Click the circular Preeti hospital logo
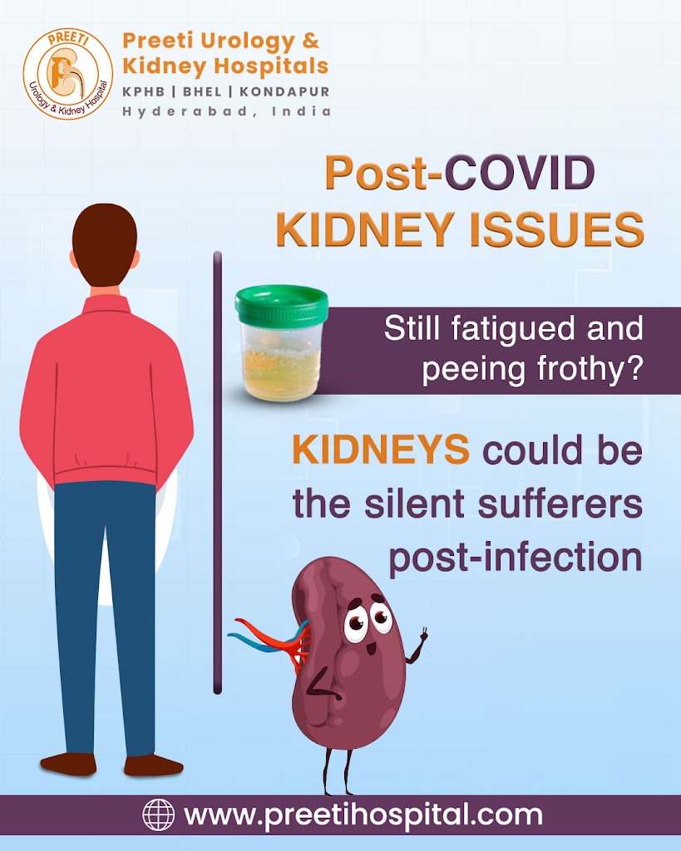[68, 74]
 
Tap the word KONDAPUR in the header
[284, 91]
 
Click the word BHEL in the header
[202, 91]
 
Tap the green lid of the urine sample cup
[281, 304]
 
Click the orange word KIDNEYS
[381, 450]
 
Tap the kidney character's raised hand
[422, 634]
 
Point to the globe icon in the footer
[159, 815]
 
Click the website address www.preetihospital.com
[363, 816]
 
